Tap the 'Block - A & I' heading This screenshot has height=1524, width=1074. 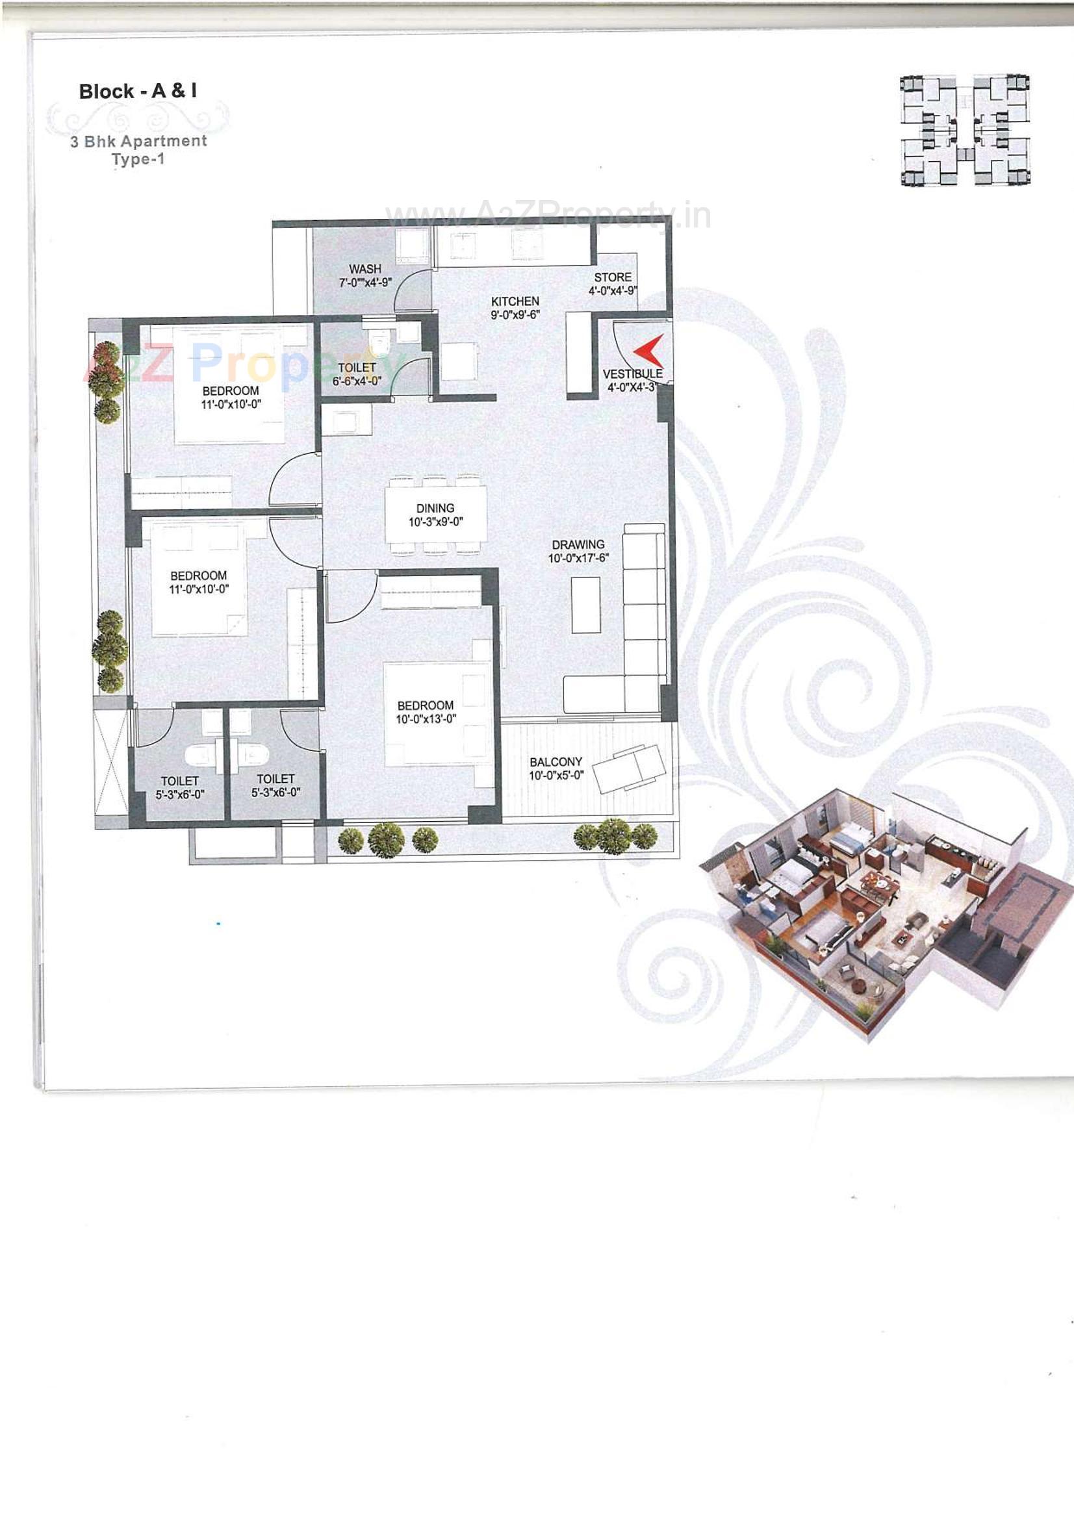tap(138, 91)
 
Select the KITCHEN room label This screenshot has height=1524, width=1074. tap(515, 301)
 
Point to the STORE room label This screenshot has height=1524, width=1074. tap(613, 277)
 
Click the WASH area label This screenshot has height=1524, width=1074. tap(365, 269)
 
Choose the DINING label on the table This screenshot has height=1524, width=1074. tap(435, 509)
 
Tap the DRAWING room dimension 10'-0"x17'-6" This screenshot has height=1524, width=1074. tap(578, 558)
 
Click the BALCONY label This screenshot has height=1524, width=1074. tap(556, 761)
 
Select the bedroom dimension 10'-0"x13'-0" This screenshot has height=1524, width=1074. tap(426, 720)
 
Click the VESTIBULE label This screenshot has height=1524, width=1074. tap(633, 374)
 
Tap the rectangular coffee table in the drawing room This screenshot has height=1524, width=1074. tap(586, 605)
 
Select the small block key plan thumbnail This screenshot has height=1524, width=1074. tap(965, 130)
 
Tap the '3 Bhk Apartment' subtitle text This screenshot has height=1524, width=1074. tap(139, 142)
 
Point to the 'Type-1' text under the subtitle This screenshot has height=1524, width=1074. tap(138, 159)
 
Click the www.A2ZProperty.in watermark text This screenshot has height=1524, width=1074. tap(548, 214)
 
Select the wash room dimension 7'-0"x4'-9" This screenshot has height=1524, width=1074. tap(365, 283)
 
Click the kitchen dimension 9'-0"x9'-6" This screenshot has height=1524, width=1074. tap(515, 314)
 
